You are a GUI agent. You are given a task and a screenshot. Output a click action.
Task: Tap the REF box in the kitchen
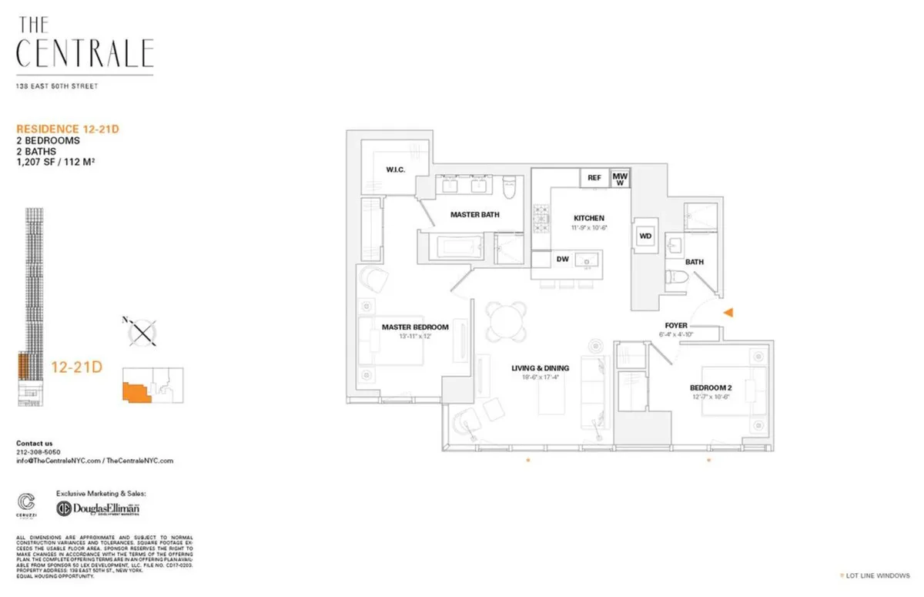pos(594,178)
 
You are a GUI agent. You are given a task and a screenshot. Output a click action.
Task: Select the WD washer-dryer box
pos(645,236)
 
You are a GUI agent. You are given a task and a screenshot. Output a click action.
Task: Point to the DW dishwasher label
pos(563,260)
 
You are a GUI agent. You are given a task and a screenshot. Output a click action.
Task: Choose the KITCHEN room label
pos(589,218)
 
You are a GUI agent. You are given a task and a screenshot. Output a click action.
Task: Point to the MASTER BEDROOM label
pos(415,327)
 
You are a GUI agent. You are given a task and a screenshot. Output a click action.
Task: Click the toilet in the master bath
pos(508,187)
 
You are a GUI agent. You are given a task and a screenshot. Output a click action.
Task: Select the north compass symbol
pos(141,332)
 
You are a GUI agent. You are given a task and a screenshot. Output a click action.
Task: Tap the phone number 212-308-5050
pos(38,452)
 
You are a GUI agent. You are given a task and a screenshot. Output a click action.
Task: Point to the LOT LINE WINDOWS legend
pos(879,575)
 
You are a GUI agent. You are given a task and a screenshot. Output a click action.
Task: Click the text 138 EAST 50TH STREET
pos(57,86)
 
